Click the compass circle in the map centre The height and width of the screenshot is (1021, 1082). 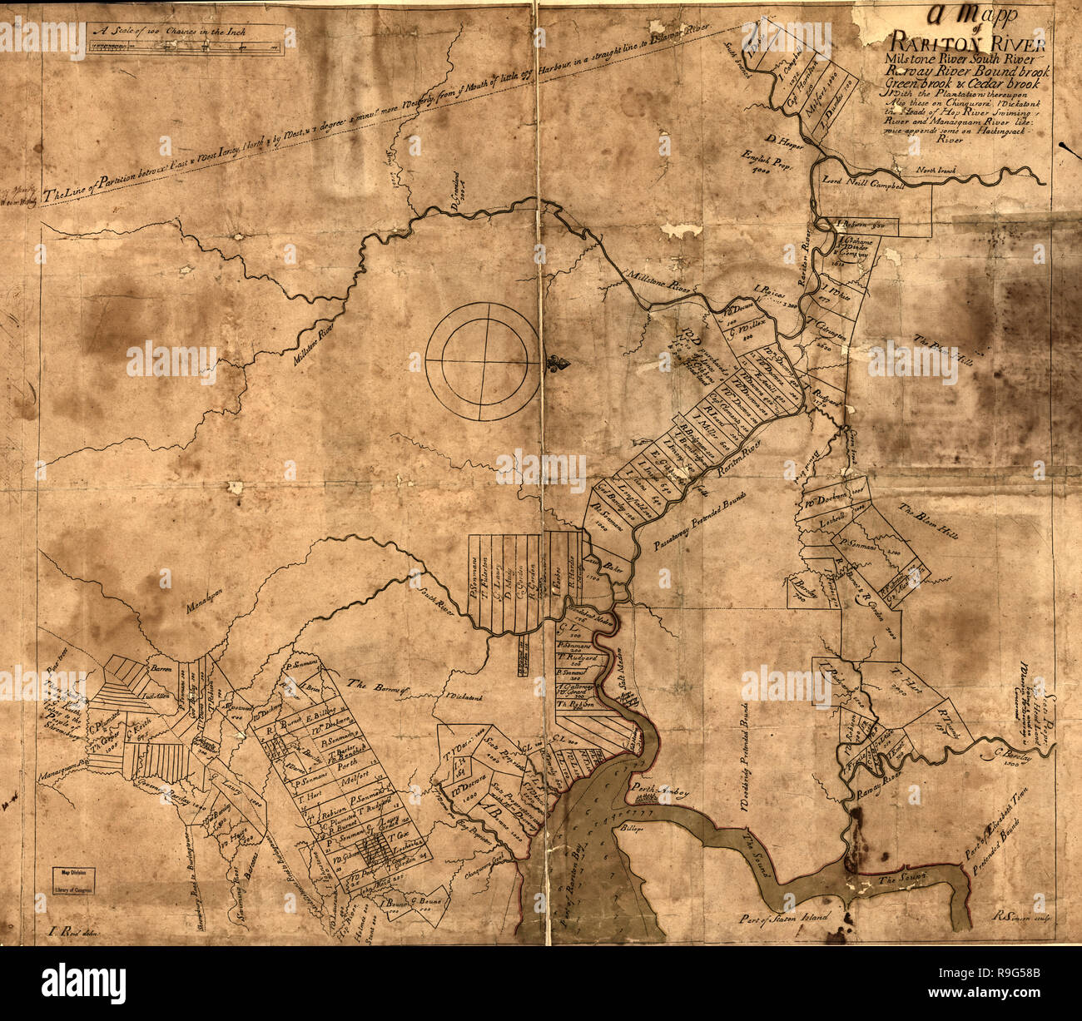tap(482, 361)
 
